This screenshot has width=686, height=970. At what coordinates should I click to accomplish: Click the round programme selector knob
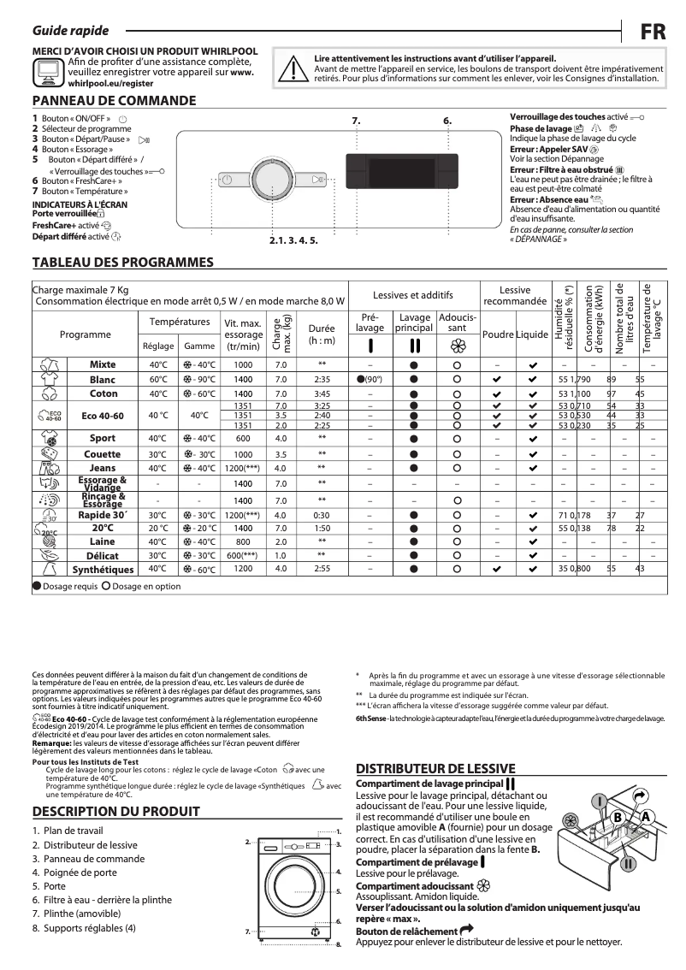(x=272, y=180)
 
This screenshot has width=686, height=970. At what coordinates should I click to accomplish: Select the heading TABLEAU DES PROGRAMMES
(x=122, y=262)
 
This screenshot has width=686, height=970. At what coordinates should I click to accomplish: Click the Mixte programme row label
(x=103, y=364)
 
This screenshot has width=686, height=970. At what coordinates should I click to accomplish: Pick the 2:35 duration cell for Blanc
(x=322, y=379)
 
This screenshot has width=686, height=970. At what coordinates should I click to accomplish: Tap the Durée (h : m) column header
(x=322, y=334)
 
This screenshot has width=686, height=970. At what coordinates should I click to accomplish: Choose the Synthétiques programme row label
(x=103, y=569)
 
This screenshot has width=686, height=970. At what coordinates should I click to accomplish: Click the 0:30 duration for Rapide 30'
(x=322, y=516)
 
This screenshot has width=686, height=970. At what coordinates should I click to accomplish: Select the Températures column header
(x=180, y=322)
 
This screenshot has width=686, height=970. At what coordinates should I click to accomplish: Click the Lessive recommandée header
(x=514, y=296)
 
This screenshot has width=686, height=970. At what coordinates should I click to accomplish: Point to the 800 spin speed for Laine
(x=243, y=541)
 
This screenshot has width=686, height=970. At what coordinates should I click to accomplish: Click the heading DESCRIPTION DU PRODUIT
(x=115, y=812)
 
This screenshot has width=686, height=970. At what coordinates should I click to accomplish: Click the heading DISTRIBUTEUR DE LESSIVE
(x=435, y=768)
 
